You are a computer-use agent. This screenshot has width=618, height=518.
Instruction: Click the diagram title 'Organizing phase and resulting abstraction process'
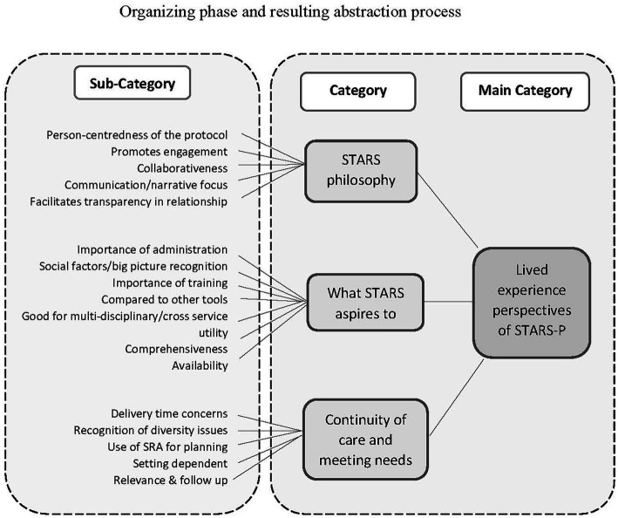coord(309,12)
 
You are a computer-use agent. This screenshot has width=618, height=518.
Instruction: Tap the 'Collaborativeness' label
coord(183,167)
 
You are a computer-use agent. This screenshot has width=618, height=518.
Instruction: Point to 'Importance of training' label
coord(171,283)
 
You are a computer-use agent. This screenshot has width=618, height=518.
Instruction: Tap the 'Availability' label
coord(200,365)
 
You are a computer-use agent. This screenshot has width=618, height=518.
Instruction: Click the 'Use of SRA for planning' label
coord(166,446)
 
